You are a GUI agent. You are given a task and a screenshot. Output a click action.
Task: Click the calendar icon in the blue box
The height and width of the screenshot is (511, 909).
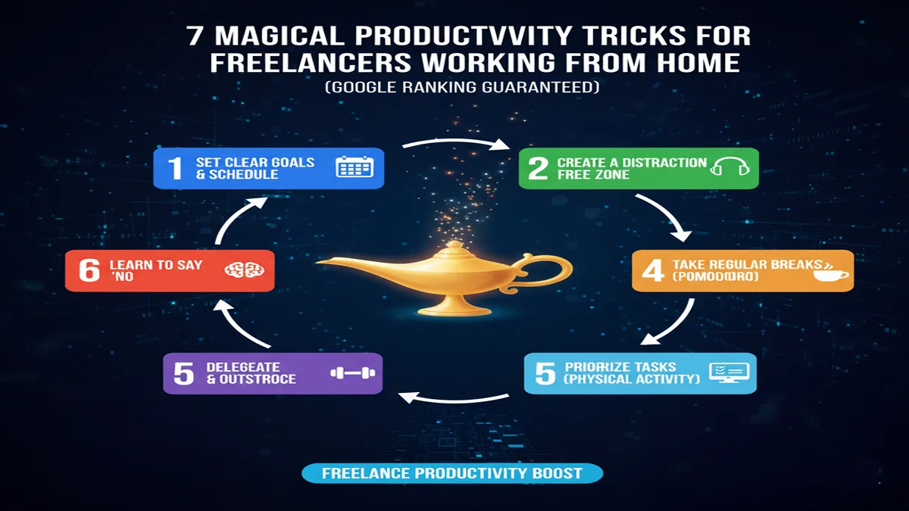click(354, 167)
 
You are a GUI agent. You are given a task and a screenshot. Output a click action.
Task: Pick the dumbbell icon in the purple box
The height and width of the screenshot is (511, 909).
click(353, 373)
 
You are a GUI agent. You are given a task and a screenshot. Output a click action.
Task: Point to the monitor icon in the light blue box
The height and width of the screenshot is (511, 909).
click(728, 372)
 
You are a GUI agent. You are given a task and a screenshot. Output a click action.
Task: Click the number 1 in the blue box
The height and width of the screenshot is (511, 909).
click(175, 168)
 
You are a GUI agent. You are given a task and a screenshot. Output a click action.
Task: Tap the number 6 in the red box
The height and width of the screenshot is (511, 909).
click(89, 270)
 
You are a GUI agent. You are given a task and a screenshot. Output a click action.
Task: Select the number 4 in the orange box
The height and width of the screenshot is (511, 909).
click(652, 271)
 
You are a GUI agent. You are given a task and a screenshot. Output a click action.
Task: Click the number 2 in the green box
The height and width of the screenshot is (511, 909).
click(538, 168)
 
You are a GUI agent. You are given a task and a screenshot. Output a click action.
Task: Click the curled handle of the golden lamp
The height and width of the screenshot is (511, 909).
click(557, 270)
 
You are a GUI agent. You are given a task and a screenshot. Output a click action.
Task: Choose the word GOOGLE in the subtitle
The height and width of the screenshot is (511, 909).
click(360, 88)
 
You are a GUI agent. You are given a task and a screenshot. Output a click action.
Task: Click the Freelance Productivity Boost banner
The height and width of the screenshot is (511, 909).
click(452, 474)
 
